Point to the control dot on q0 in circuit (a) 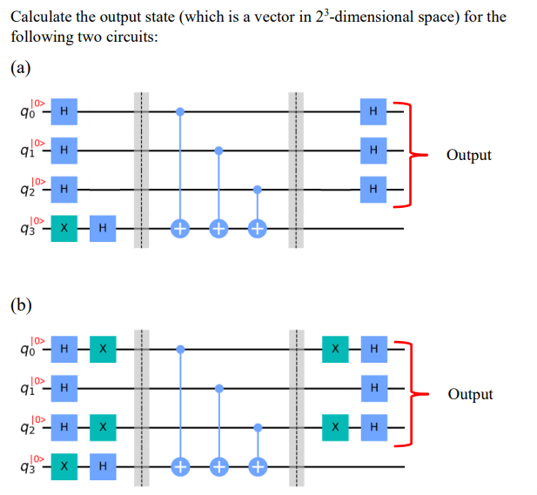(x=180, y=111)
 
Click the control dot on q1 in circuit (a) (x=218, y=151)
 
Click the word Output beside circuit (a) (x=468, y=155)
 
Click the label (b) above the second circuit (x=23, y=305)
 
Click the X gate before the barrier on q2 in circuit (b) (x=103, y=427)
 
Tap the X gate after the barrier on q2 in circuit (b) (x=335, y=427)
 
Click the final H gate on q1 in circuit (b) (x=373, y=388)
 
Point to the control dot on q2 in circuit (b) (x=257, y=427)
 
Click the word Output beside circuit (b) (x=470, y=394)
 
